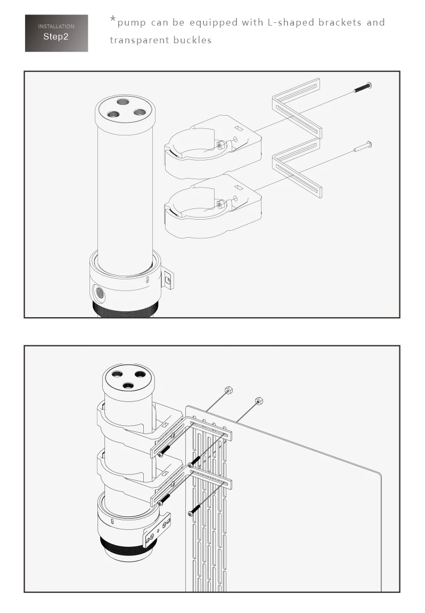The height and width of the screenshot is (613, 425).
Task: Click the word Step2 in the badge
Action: click(x=56, y=37)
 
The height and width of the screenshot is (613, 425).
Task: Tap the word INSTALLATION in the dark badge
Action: click(x=56, y=26)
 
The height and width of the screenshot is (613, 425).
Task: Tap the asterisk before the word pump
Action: click(x=113, y=21)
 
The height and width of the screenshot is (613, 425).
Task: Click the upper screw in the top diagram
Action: click(x=362, y=87)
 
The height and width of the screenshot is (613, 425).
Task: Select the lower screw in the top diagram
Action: click(x=362, y=147)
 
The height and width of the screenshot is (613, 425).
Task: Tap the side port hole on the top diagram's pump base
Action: click(x=100, y=292)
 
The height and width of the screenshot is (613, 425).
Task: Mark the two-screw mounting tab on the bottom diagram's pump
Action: click(x=158, y=529)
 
